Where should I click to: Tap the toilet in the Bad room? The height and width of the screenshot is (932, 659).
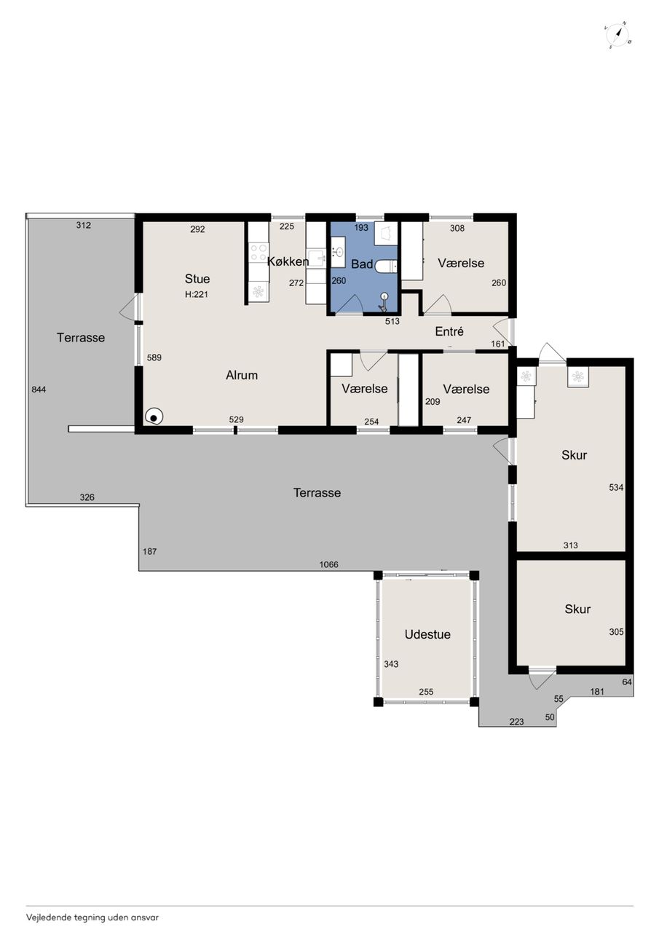pyautogui.click(x=386, y=266)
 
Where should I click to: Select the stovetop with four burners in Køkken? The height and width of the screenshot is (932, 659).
pyautogui.click(x=258, y=252)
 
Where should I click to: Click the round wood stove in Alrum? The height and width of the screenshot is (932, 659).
pyautogui.click(x=154, y=416)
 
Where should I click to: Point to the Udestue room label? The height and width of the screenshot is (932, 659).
pyautogui.click(x=427, y=634)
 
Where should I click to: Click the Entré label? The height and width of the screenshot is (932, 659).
pyautogui.click(x=449, y=331)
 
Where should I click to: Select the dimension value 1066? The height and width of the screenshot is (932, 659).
pyautogui.click(x=328, y=564)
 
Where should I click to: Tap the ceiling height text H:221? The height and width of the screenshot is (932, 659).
pyautogui.click(x=197, y=295)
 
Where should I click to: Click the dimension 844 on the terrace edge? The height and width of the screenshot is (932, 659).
pyautogui.click(x=39, y=390)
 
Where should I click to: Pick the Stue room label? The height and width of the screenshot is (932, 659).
pyautogui.click(x=197, y=278)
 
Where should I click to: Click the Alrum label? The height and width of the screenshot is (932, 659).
pyautogui.click(x=242, y=375)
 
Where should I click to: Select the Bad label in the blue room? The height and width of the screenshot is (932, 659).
pyautogui.click(x=362, y=264)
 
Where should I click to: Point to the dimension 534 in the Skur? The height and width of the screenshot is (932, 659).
pyautogui.click(x=616, y=487)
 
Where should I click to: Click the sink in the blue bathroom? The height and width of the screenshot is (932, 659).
pyautogui.click(x=338, y=252)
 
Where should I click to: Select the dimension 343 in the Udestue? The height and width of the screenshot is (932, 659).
pyautogui.click(x=391, y=664)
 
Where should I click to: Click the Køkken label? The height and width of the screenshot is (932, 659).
pyautogui.click(x=288, y=261)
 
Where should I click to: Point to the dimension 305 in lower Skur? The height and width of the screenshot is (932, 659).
pyautogui.click(x=616, y=632)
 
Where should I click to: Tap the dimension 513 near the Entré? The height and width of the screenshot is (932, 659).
pyautogui.click(x=392, y=321)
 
